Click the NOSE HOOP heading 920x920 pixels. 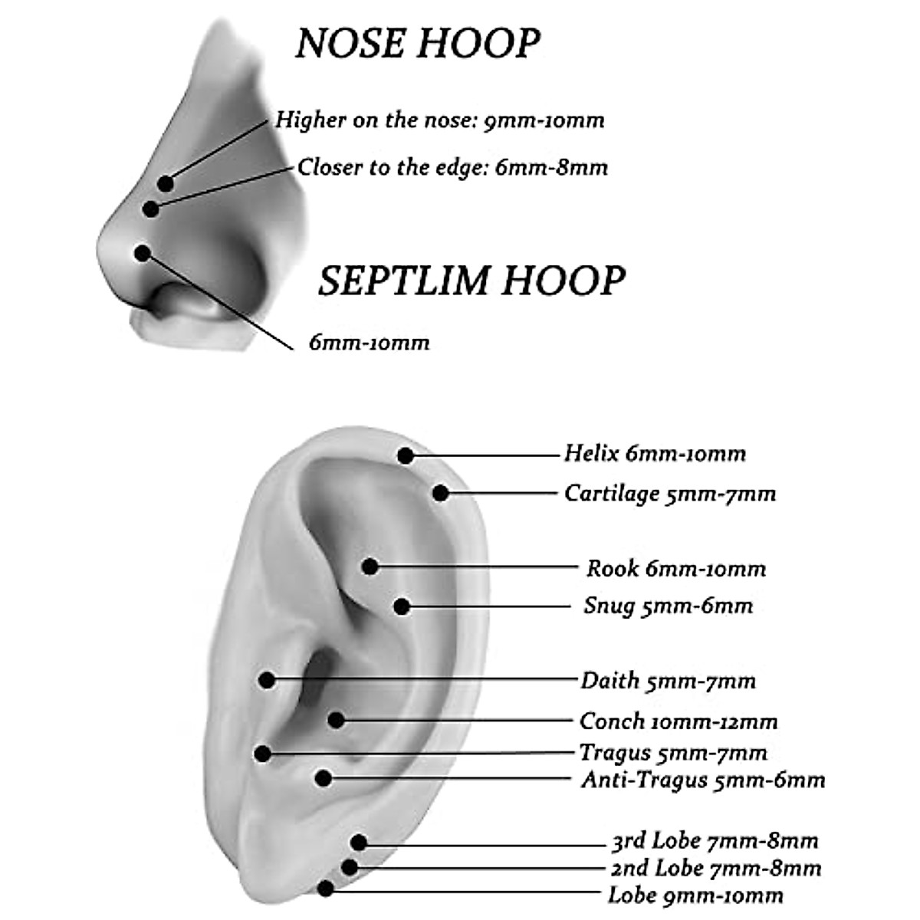418,43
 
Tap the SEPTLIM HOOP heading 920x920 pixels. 472,281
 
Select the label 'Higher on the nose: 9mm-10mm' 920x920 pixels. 440,120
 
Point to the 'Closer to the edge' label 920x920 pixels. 452,167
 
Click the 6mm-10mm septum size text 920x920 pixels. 369,342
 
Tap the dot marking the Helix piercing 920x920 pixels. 406,456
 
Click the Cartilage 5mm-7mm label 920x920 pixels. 670,493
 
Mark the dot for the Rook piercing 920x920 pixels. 370,567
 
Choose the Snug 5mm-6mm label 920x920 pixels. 668,606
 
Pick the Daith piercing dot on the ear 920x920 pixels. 267,679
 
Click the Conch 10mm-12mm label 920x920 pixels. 678,721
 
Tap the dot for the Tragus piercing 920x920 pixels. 263,754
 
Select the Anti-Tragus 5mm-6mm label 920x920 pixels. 703,780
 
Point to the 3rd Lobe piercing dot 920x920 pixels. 359,843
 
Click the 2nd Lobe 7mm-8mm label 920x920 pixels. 716,869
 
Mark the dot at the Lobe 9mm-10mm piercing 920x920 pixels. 326,889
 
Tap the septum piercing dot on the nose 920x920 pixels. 141,252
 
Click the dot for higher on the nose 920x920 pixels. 166,183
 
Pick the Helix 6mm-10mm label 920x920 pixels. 655,453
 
